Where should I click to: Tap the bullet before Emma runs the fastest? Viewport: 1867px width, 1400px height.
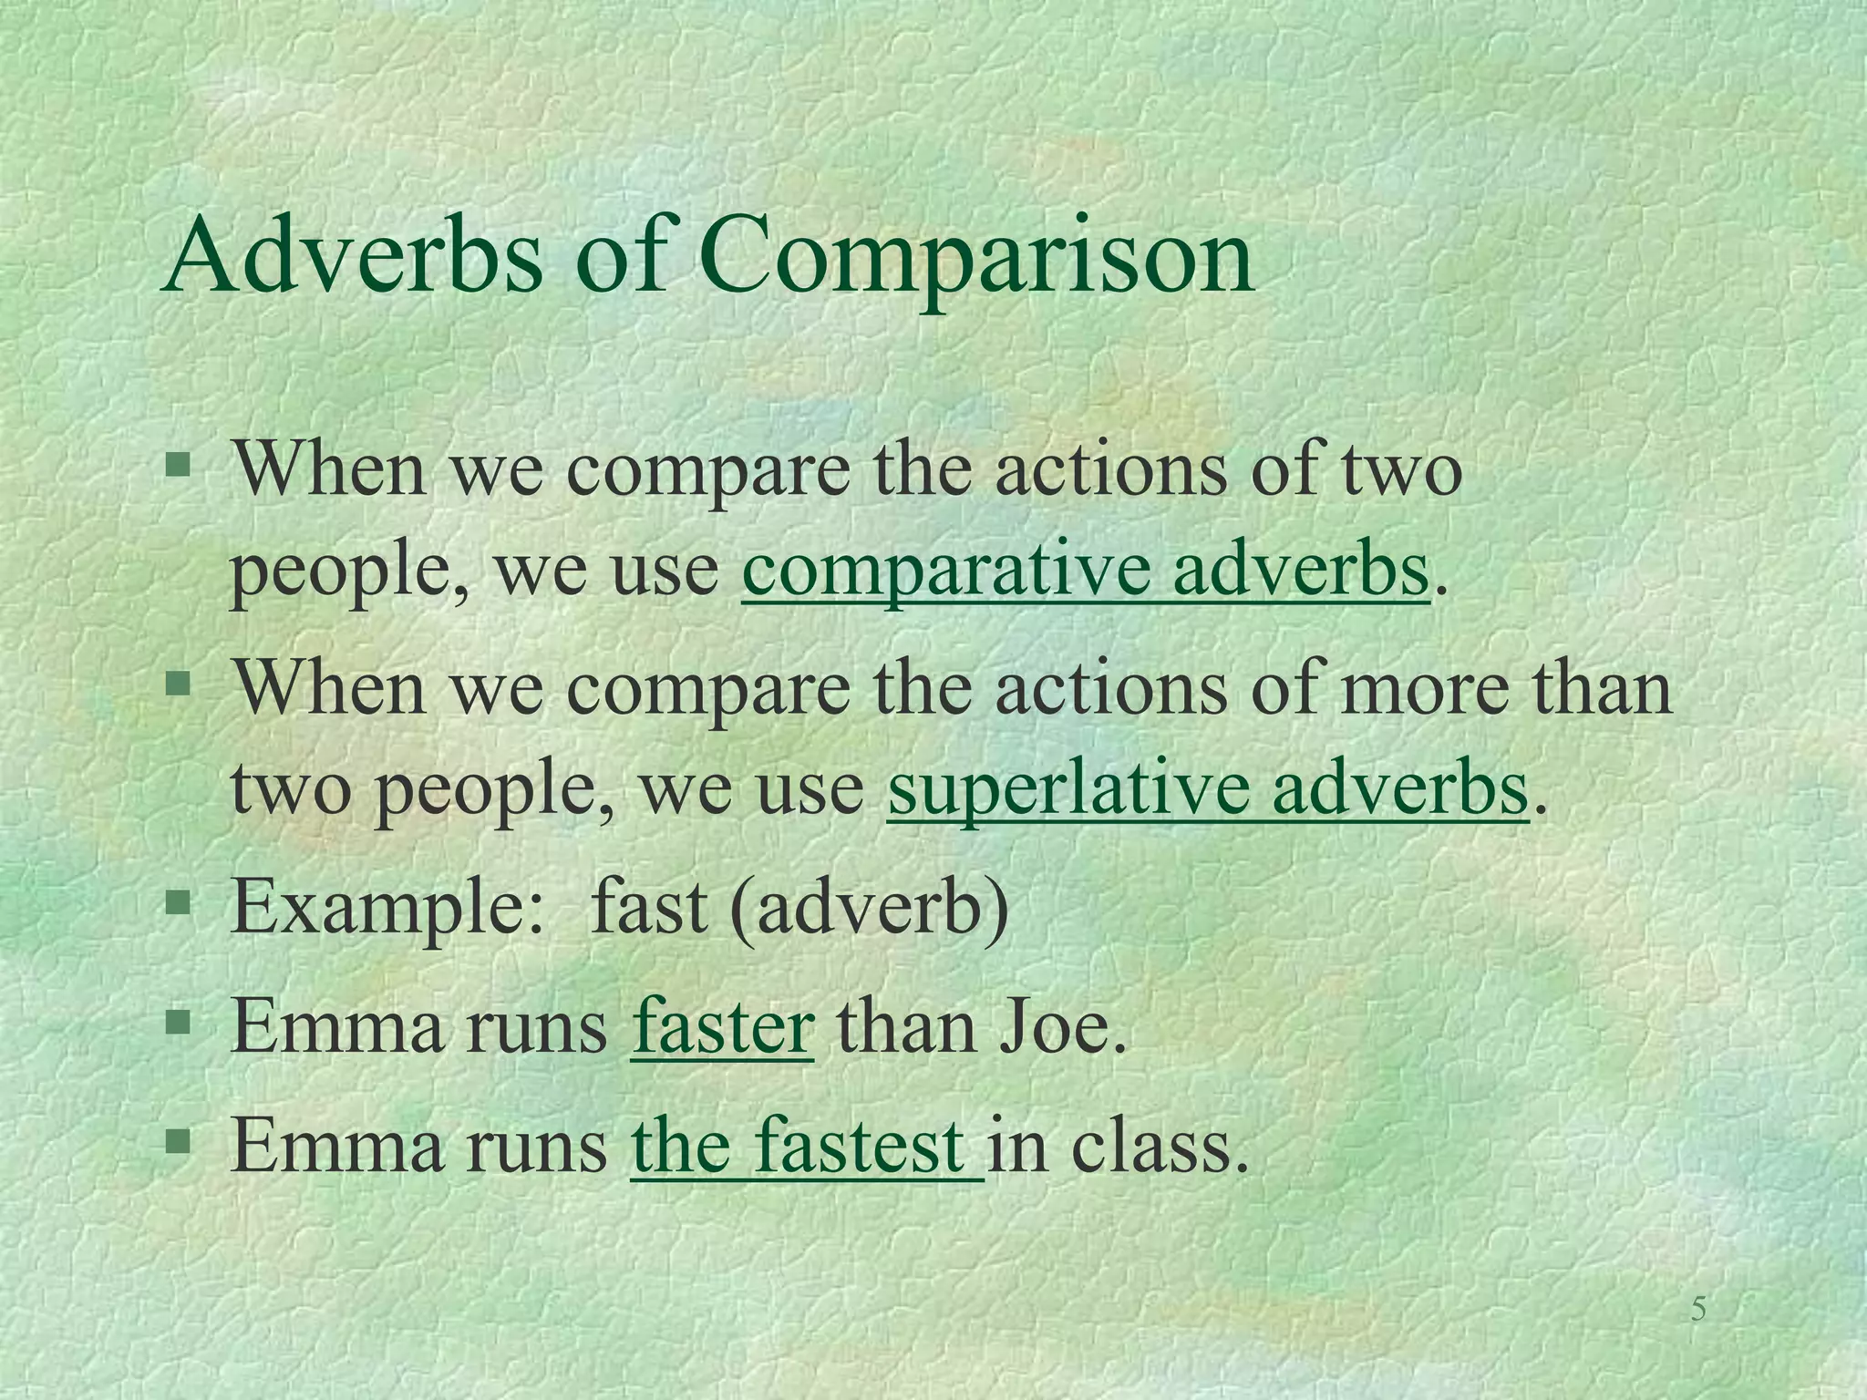coord(179,1140)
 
